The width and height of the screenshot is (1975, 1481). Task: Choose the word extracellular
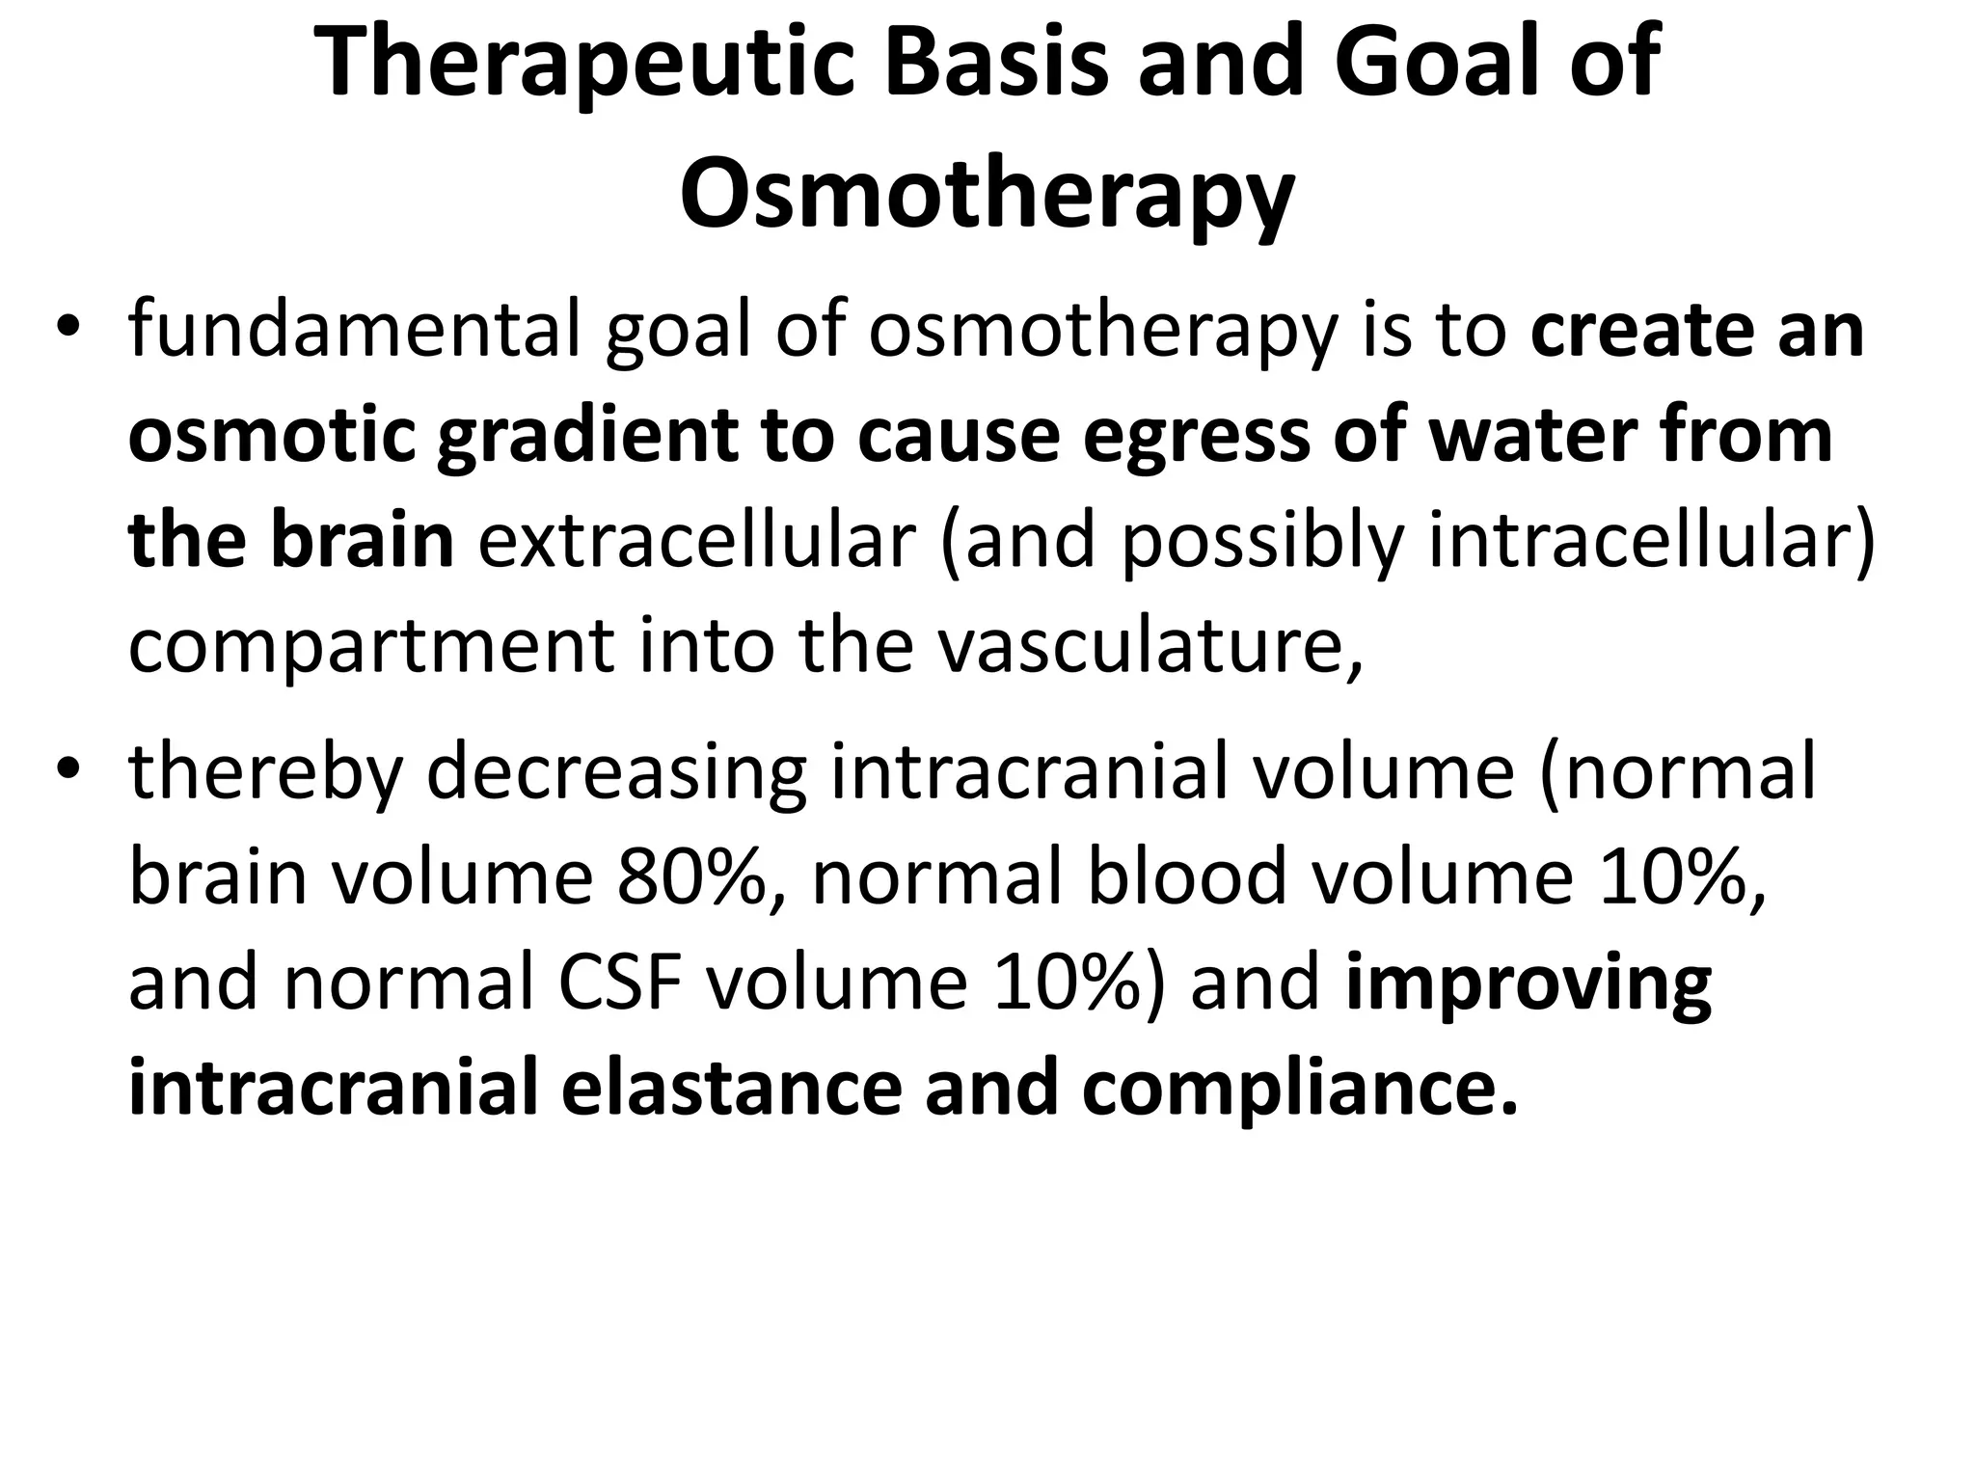coord(695,541)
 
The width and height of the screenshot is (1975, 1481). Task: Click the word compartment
coord(370,645)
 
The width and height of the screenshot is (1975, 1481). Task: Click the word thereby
coord(265,772)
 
